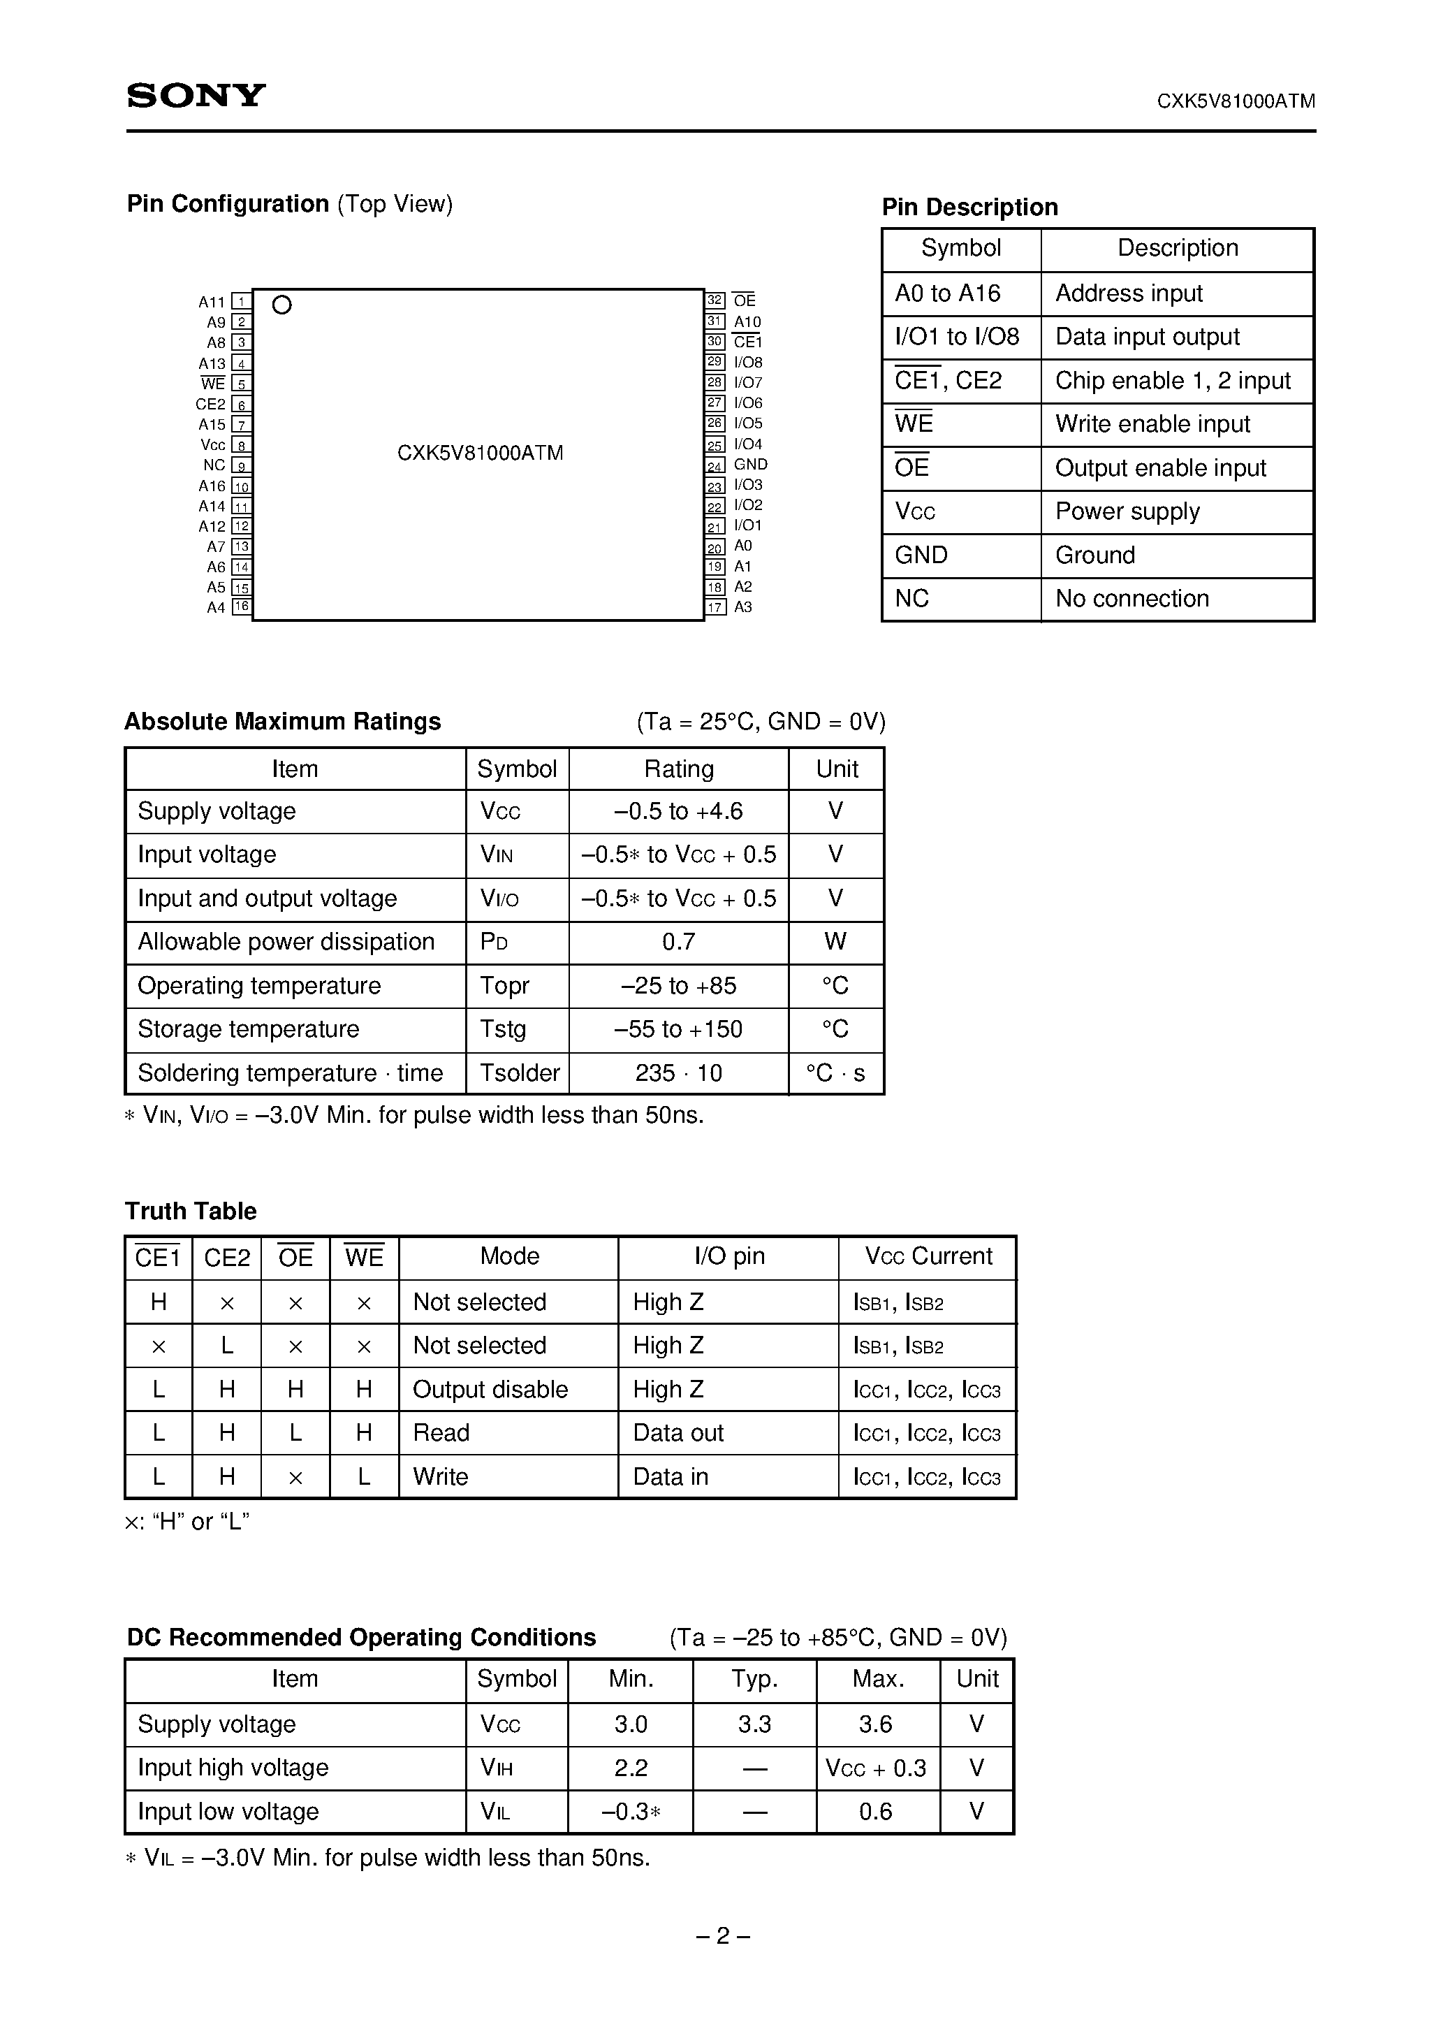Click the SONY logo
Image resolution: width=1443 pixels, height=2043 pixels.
[x=196, y=95]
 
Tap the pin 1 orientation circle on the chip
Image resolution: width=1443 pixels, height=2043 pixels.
[x=282, y=305]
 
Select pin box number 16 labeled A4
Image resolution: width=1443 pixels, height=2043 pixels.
[x=241, y=607]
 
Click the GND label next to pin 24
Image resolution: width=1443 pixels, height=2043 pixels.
[x=750, y=465]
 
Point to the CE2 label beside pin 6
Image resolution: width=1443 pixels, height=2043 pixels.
[x=211, y=404]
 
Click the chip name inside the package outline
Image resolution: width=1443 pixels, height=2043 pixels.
[x=480, y=453]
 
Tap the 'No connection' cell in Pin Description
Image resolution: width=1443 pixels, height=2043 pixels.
[x=1131, y=599]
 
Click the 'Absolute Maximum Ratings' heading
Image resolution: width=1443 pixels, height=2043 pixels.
[x=282, y=722]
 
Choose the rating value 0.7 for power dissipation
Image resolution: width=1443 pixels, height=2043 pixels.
[x=678, y=941]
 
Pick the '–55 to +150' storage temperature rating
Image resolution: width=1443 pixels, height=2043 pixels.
[x=678, y=1029]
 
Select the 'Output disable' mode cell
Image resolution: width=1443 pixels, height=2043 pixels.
[x=490, y=1390]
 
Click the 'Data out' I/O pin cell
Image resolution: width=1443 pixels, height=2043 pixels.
[x=678, y=1434]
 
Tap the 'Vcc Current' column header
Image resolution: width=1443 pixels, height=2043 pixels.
[x=928, y=1256]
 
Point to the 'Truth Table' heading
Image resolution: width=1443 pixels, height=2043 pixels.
[x=191, y=1211]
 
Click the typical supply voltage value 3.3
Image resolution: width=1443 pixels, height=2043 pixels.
[x=754, y=1724]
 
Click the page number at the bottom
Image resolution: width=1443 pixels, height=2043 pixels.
[x=721, y=1936]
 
